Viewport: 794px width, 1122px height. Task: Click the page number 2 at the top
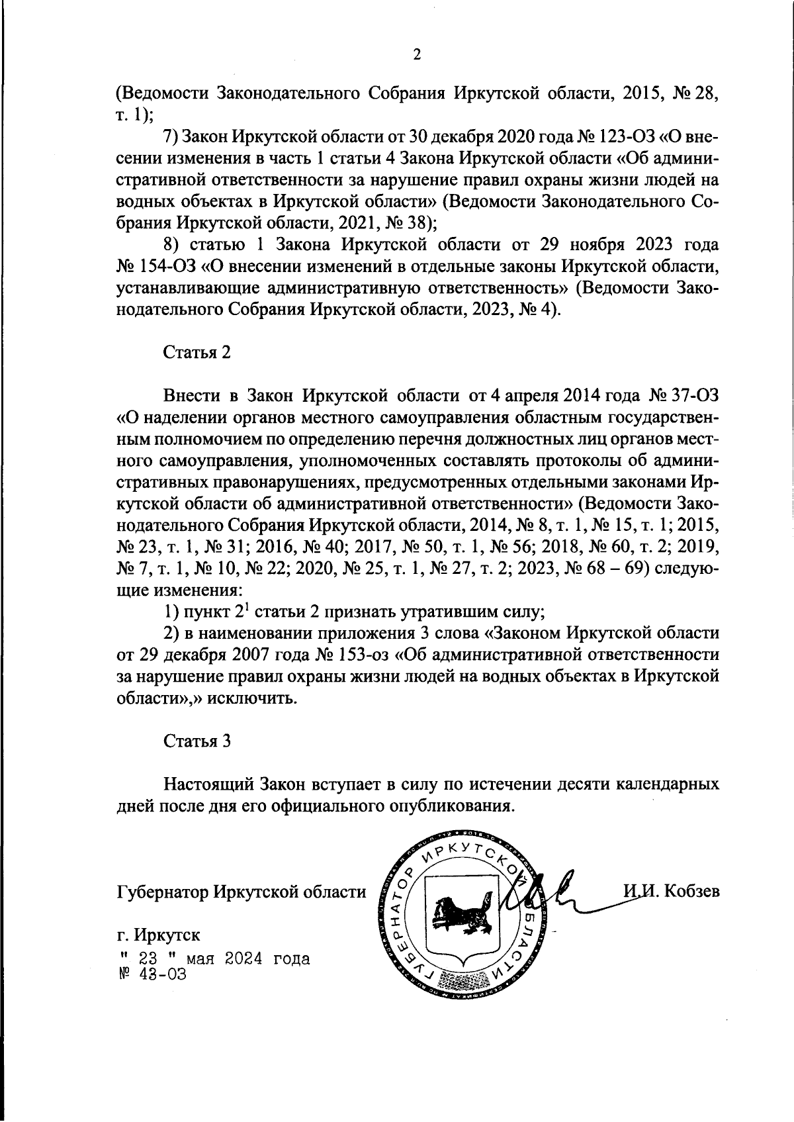click(417, 56)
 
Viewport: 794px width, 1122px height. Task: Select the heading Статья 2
click(197, 352)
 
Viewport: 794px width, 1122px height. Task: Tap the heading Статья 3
click(197, 741)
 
